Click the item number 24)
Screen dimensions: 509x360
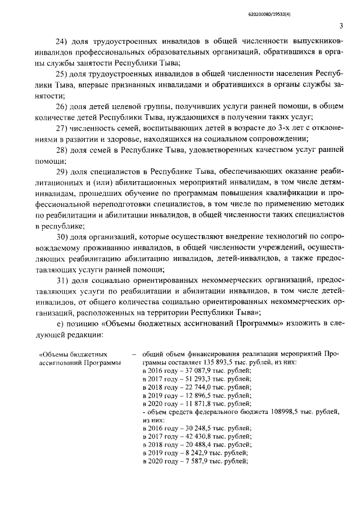click(60, 42)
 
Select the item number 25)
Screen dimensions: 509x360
click(60, 74)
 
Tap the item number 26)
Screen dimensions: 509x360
click(60, 107)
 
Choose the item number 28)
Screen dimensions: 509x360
click(60, 150)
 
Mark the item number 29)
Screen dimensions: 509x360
click(60, 172)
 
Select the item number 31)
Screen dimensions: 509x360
click(60, 280)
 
